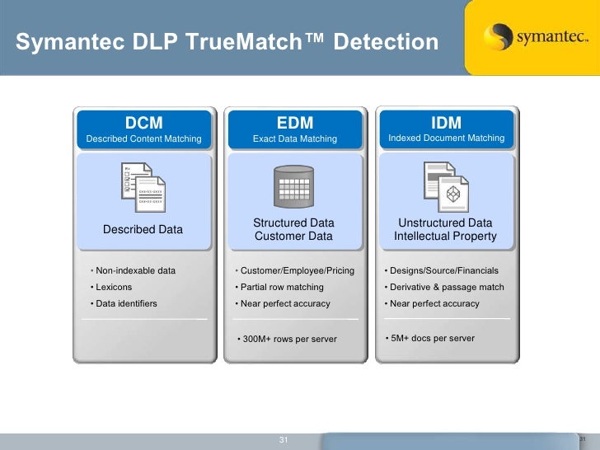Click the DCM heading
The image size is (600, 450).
pos(143,123)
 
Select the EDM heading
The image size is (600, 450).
pos(294,123)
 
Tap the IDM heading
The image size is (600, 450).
pos(446,123)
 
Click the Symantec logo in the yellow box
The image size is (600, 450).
pos(532,37)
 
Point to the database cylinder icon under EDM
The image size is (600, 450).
pos(293,187)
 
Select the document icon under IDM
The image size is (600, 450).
pos(445,185)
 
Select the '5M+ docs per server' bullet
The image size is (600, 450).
pos(432,338)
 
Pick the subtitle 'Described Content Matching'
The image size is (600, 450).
pos(143,138)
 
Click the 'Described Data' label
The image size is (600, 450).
pos(143,229)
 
